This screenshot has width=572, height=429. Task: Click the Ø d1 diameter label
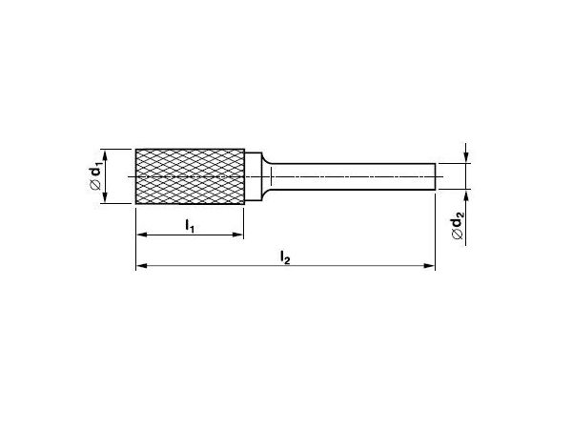(94, 177)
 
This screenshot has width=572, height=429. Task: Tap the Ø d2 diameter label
(457, 228)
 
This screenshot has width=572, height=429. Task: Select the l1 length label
(190, 225)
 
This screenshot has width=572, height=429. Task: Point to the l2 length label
(285, 257)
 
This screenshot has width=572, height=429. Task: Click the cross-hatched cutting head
(190, 176)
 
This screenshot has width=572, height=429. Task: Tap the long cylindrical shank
(353, 177)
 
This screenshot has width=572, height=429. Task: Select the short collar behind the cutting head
(254, 177)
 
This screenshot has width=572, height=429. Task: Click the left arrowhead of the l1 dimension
(141, 235)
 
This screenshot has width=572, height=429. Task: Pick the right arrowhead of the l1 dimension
(237, 235)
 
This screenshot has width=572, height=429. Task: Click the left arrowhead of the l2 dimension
(141, 266)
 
